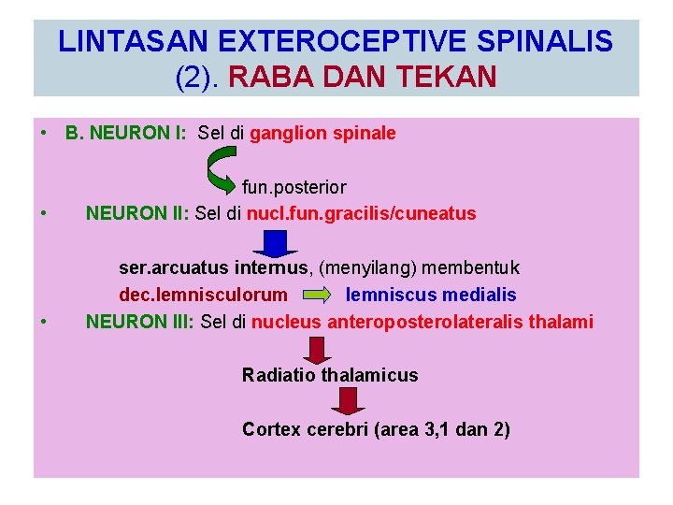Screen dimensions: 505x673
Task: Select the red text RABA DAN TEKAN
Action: click(362, 77)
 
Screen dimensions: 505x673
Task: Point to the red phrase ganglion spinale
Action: click(322, 133)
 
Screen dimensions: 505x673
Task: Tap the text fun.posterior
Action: click(294, 188)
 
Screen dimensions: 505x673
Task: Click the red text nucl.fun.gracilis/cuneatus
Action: click(362, 213)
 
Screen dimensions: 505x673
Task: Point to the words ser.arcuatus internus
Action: click(214, 268)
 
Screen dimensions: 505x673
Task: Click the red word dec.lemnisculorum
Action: click(203, 296)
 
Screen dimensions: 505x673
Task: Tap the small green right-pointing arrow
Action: click(316, 296)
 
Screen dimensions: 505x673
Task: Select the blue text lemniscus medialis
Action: click(431, 296)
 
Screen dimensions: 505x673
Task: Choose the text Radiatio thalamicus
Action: click(330, 375)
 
